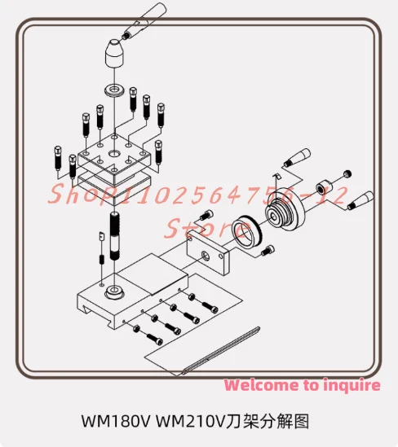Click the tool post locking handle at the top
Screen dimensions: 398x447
click(x=144, y=21)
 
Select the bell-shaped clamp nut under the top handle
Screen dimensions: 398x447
click(x=115, y=54)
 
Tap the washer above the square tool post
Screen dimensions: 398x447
click(x=114, y=90)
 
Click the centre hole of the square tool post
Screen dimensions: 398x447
click(x=115, y=153)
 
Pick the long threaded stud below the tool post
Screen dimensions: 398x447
click(x=115, y=236)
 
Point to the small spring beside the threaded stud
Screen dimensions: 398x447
click(x=101, y=260)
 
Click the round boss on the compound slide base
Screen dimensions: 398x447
click(x=114, y=292)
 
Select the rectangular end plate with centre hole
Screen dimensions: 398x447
click(x=208, y=252)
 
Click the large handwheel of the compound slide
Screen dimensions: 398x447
click(x=285, y=210)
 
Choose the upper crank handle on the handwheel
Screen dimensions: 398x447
click(x=297, y=157)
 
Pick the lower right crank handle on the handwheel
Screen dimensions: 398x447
click(x=360, y=201)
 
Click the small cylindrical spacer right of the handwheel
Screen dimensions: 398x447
click(x=324, y=188)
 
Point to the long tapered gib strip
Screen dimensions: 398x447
click(x=221, y=350)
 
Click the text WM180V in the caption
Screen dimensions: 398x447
click(x=116, y=422)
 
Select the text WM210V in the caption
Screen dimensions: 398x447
click(x=191, y=422)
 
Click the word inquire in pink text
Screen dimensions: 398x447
click(x=352, y=385)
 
